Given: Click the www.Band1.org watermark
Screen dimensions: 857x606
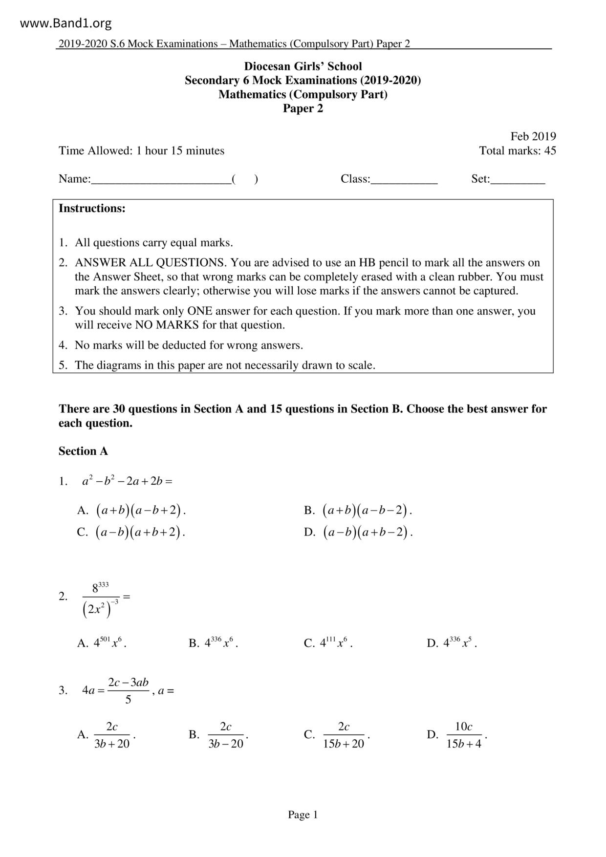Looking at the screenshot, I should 66,23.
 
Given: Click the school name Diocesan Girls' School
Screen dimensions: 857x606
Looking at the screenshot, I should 303,66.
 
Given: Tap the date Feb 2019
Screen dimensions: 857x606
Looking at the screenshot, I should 533,136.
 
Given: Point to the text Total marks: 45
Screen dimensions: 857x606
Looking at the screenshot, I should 517,150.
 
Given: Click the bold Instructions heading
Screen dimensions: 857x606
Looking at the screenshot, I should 92,209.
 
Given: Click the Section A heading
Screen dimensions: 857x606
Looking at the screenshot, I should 83,451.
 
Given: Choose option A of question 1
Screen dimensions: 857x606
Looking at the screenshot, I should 132,511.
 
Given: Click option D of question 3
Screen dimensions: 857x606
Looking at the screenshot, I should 457,735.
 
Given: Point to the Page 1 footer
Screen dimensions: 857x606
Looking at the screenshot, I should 303,814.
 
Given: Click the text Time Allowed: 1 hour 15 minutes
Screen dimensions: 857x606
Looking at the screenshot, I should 141,150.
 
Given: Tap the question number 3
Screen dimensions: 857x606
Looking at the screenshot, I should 63,690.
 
